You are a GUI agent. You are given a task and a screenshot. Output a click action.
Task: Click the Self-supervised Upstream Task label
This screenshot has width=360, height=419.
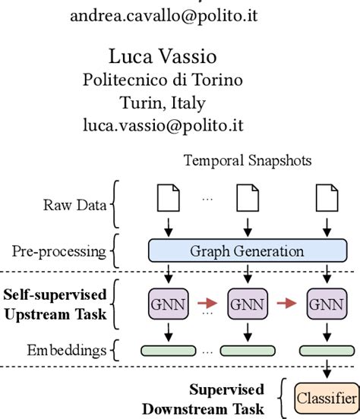(x=57, y=301)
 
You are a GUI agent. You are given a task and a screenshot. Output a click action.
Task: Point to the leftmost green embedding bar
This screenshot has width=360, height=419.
(x=165, y=351)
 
